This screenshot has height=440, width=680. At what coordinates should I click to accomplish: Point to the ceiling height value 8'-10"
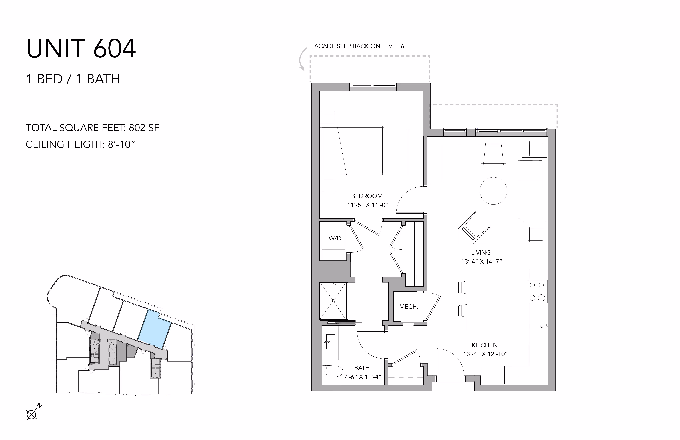[121, 144]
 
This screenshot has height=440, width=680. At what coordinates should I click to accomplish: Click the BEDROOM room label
[367, 196]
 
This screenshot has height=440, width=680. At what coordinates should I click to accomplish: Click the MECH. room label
[409, 307]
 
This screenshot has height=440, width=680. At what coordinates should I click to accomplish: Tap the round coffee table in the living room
[493, 191]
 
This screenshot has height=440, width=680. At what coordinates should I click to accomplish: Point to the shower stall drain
[333, 301]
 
